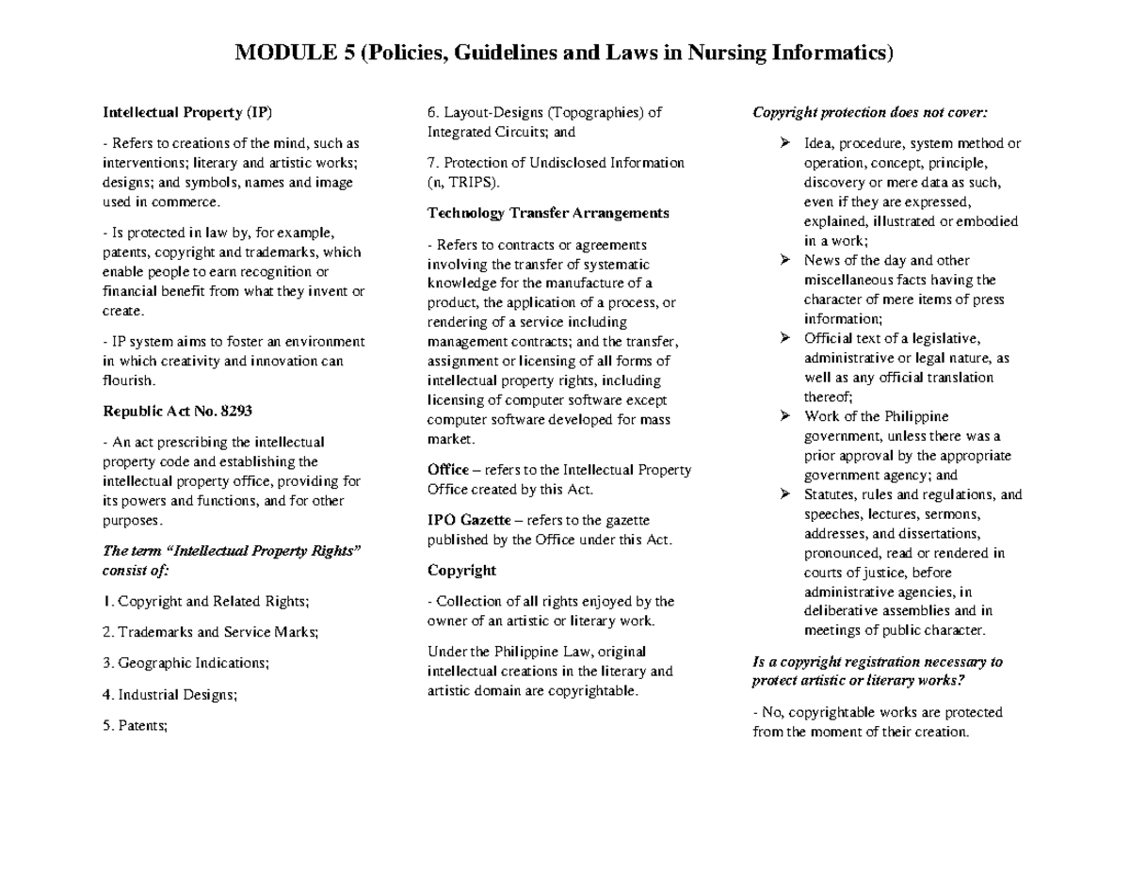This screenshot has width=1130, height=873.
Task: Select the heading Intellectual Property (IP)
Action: (187, 113)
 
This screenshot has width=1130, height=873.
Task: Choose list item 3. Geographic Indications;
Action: (186, 663)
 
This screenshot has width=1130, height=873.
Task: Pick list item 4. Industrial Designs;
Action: (169, 695)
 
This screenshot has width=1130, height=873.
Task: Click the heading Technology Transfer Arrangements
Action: (548, 213)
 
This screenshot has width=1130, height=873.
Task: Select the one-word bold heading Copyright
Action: (461, 571)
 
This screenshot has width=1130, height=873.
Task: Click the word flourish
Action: (127, 380)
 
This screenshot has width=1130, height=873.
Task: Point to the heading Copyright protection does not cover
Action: (870, 113)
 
